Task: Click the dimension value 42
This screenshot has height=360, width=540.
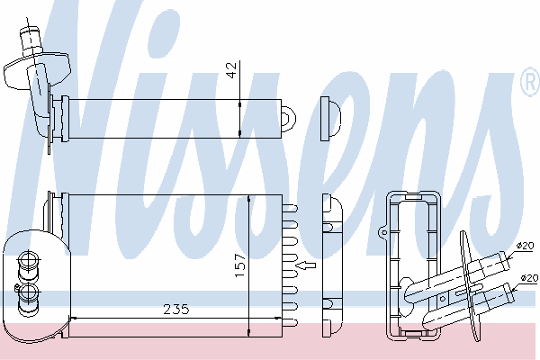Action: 233,70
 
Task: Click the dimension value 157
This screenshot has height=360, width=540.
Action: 240,265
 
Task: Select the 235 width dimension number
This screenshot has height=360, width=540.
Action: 176,310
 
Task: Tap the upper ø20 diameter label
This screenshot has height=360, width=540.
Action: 525,246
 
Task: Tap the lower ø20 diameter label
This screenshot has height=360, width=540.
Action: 529,278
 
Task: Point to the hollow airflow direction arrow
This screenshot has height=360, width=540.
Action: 306,265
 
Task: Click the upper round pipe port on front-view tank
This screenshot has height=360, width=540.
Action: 29,261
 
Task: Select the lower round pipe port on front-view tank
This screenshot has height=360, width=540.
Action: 29,293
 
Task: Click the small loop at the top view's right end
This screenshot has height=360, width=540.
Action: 289,118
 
